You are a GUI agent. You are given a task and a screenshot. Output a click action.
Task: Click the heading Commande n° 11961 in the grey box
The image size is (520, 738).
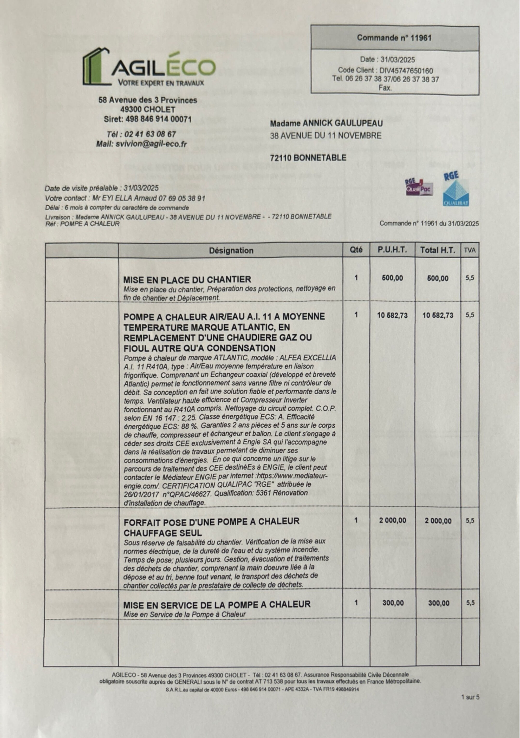(x=394, y=38)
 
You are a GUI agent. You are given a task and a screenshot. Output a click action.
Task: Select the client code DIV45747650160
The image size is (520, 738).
(x=406, y=71)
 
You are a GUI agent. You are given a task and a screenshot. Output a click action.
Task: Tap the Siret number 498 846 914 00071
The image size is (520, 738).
(x=159, y=119)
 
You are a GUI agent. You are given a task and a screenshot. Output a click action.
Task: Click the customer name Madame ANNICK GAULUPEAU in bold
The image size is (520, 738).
(x=326, y=123)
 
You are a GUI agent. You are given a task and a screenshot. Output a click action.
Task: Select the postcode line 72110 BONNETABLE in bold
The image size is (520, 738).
(x=308, y=158)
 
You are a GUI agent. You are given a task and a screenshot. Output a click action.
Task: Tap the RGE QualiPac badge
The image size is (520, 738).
(x=419, y=187)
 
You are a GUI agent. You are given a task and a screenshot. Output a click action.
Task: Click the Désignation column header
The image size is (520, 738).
(x=231, y=250)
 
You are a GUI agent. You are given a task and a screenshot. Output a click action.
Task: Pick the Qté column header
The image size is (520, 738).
(x=356, y=250)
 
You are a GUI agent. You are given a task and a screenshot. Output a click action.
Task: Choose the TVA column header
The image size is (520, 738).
(x=470, y=250)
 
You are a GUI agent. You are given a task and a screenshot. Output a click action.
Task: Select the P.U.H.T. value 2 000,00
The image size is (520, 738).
(x=392, y=520)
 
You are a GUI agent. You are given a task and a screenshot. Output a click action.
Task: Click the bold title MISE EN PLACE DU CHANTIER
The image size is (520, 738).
(x=187, y=279)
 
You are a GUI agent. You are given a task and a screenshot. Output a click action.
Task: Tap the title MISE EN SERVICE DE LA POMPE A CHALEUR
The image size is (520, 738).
(x=217, y=605)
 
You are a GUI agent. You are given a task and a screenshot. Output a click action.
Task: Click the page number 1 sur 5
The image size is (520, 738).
(x=470, y=697)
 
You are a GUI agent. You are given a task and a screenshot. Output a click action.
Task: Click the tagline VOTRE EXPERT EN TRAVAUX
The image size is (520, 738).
(x=161, y=83)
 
